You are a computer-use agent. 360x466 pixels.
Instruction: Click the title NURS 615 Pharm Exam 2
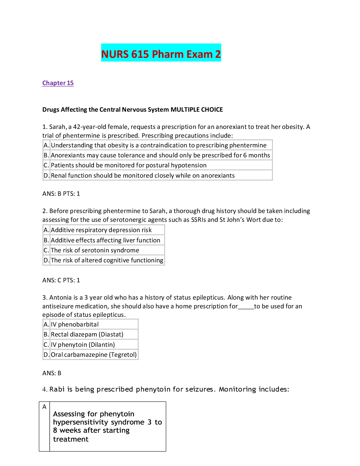pos(161,54)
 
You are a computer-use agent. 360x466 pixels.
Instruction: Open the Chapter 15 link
pos(58,83)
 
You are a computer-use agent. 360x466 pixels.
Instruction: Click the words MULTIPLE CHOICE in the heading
pos(197,110)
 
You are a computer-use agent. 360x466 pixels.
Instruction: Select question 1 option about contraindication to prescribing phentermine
pos(159,145)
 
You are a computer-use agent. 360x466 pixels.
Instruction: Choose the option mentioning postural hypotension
pos(129,165)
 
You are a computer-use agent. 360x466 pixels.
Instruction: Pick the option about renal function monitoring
pos(142,176)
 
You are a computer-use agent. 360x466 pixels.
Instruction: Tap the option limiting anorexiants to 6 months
pos(160,155)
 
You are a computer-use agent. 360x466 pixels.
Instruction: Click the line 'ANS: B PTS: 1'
pos(61,194)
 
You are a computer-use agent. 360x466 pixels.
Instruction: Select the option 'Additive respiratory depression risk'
pos(101,230)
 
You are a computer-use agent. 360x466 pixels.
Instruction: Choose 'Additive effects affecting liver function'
pos(105,240)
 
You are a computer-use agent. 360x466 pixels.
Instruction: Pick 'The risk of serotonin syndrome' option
pos(95,250)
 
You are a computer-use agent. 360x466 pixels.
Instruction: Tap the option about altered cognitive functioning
pos(107,260)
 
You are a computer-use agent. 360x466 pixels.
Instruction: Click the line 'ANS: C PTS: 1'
pos(61,280)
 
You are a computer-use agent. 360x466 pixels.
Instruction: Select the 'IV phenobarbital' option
pos(74,324)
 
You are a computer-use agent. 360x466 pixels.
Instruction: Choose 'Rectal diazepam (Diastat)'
pos(87,334)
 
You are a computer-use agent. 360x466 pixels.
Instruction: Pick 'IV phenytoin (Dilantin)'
pos(83,345)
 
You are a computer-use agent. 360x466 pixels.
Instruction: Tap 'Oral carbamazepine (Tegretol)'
pos(93,355)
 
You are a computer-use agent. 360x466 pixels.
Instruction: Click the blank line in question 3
pos(246,307)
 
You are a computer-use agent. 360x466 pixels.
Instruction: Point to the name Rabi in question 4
pos(57,389)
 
